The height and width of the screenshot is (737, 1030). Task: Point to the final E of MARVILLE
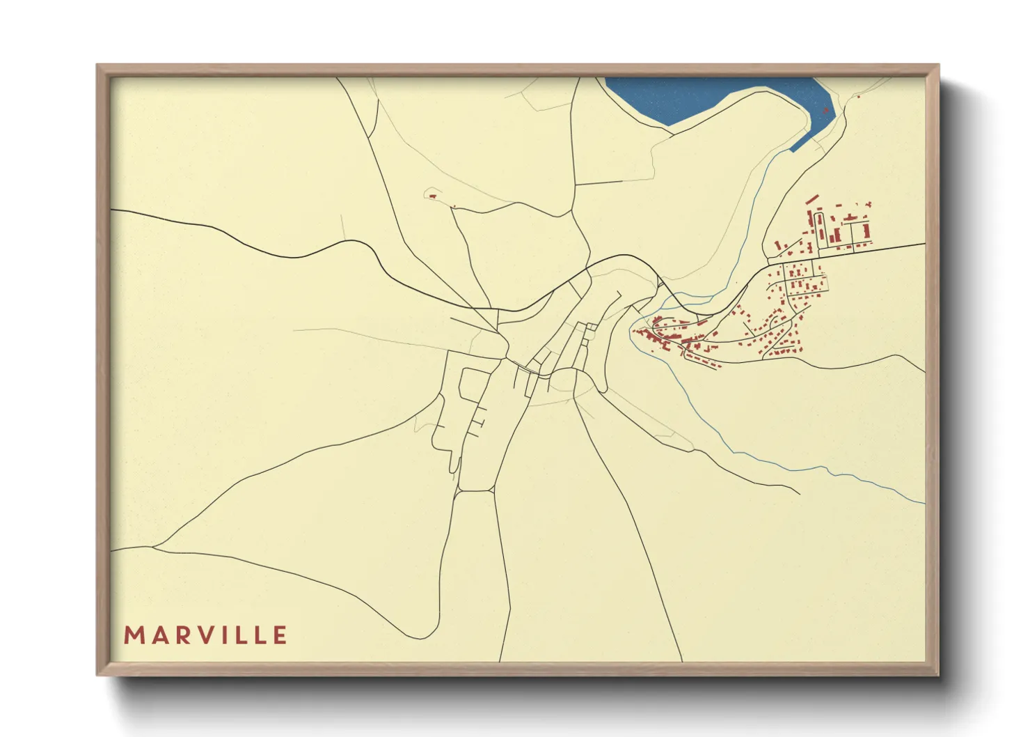[280, 635]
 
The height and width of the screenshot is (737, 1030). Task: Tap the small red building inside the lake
[825, 110]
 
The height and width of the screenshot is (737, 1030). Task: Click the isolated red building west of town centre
[432, 196]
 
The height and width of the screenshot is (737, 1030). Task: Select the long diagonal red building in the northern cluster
[811, 199]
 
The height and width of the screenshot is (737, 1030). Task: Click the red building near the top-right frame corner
[859, 96]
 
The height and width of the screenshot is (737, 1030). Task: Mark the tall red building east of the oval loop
[866, 231]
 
